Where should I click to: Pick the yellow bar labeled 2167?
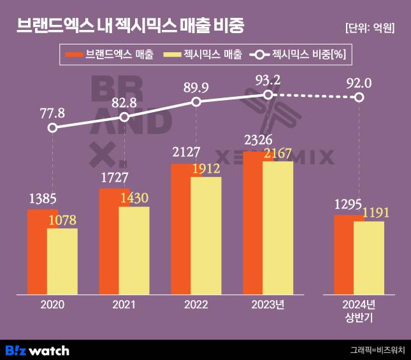278,227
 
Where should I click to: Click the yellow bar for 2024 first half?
369,258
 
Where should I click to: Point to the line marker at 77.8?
53,127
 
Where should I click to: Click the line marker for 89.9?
196,102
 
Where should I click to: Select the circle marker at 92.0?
359,97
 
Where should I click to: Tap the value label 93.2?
268,80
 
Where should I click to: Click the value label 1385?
42,199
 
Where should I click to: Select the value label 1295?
349,205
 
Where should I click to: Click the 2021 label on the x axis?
124,305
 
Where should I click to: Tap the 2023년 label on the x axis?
268,305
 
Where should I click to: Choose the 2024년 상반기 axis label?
359,310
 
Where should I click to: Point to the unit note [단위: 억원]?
370,28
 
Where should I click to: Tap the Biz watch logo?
37,350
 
